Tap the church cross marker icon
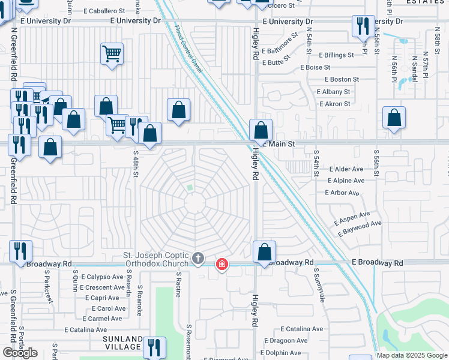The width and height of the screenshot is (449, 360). tap(199, 259)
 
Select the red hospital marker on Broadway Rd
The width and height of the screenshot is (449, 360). tap(221, 263)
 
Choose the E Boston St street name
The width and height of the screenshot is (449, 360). tap(342, 79)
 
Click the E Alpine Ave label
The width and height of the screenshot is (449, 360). tap(346, 181)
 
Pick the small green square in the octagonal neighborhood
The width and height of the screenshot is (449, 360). tap(190, 188)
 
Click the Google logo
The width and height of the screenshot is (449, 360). tap(20, 353)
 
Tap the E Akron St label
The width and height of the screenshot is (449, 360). tap(334, 104)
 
